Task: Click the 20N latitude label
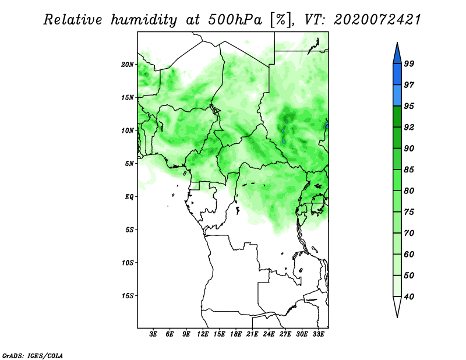(x=128, y=64)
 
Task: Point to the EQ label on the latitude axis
(x=129, y=196)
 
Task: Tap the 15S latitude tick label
(x=128, y=296)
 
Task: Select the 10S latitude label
(x=128, y=263)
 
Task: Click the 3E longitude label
(x=153, y=334)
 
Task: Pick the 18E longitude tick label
(x=236, y=334)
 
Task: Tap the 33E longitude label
(x=318, y=334)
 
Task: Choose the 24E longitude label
(x=269, y=334)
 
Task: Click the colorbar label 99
(x=409, y=63)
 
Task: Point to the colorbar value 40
(x=409, y=297)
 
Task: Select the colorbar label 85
(x=409, y=170)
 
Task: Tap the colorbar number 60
(x=409, y=254)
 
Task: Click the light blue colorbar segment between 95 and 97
(x=397, y=96)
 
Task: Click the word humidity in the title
(x=144, y=20)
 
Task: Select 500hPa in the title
(x=235, y=20)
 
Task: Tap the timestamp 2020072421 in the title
(x=377, y=20)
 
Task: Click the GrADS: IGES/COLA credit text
(x=33, y=355)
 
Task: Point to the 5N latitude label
(x=129, y=164)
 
